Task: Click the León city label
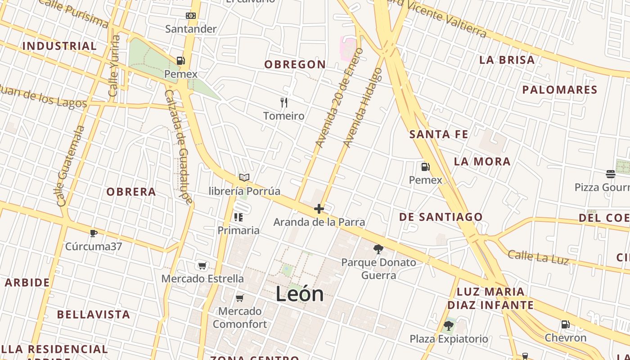click(300, 294)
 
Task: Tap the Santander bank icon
click(191, 16)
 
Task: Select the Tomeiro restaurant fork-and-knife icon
click(284, 103)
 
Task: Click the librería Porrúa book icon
click(244, 178)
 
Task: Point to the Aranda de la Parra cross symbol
click(319, 209)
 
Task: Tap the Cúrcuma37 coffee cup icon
click(93, 233)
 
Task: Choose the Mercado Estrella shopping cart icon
click(202, 266)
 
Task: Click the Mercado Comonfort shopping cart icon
click(240, 298)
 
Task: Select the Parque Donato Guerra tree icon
click(378, 249)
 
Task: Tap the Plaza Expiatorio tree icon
click(448, 325)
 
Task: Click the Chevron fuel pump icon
click(565, 324)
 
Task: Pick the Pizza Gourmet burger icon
click(611, 174)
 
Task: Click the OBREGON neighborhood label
click(295, 65)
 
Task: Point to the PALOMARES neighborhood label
click(560, 90)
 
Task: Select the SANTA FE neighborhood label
click(439, 135)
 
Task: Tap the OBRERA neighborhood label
click(131, 192)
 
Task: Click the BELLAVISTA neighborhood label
click(94, 315)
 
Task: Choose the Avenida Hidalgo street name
click(363, 108)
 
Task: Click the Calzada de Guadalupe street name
click(178, 146)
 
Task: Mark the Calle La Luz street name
click(538, 256)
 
